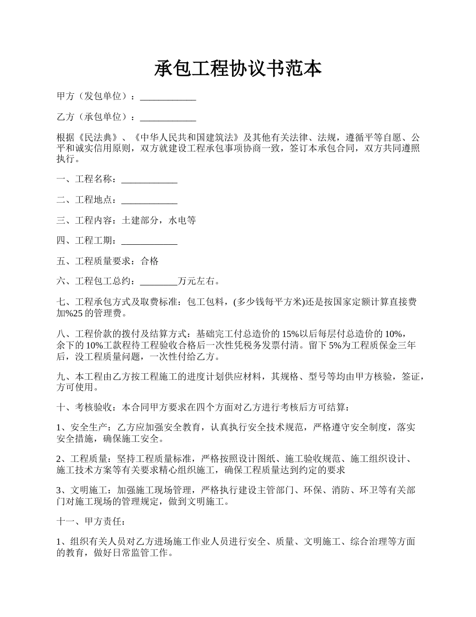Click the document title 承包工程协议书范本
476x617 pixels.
pyautogui.click(x=237, y=69)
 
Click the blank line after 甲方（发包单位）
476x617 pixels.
pyautogui.click(x=168, y=97)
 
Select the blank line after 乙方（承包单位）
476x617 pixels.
pyautogui.click(x=168, y=117)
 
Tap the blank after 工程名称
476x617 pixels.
pyautogui.click(x=149, y=180)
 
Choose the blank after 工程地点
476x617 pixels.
pyautogui.click(x=149, y=200)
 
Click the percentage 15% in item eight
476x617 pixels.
pyautogui.click(x=291, y=334)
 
